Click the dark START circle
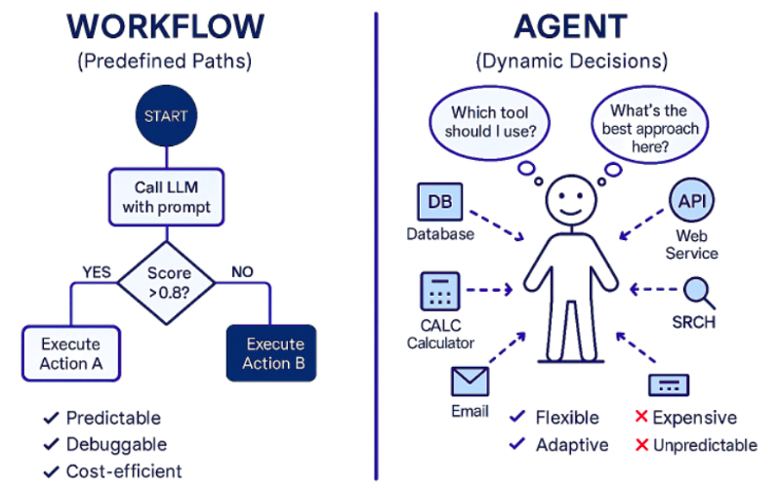point(166,115)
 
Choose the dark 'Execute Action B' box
point(267,353)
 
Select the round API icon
point(691,202)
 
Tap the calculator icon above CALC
point(440,292)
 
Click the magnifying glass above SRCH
point(697,292)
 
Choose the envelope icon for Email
point(470,381)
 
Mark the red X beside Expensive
point(641,418)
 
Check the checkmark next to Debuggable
point(51,445)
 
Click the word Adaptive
point(572,445)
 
